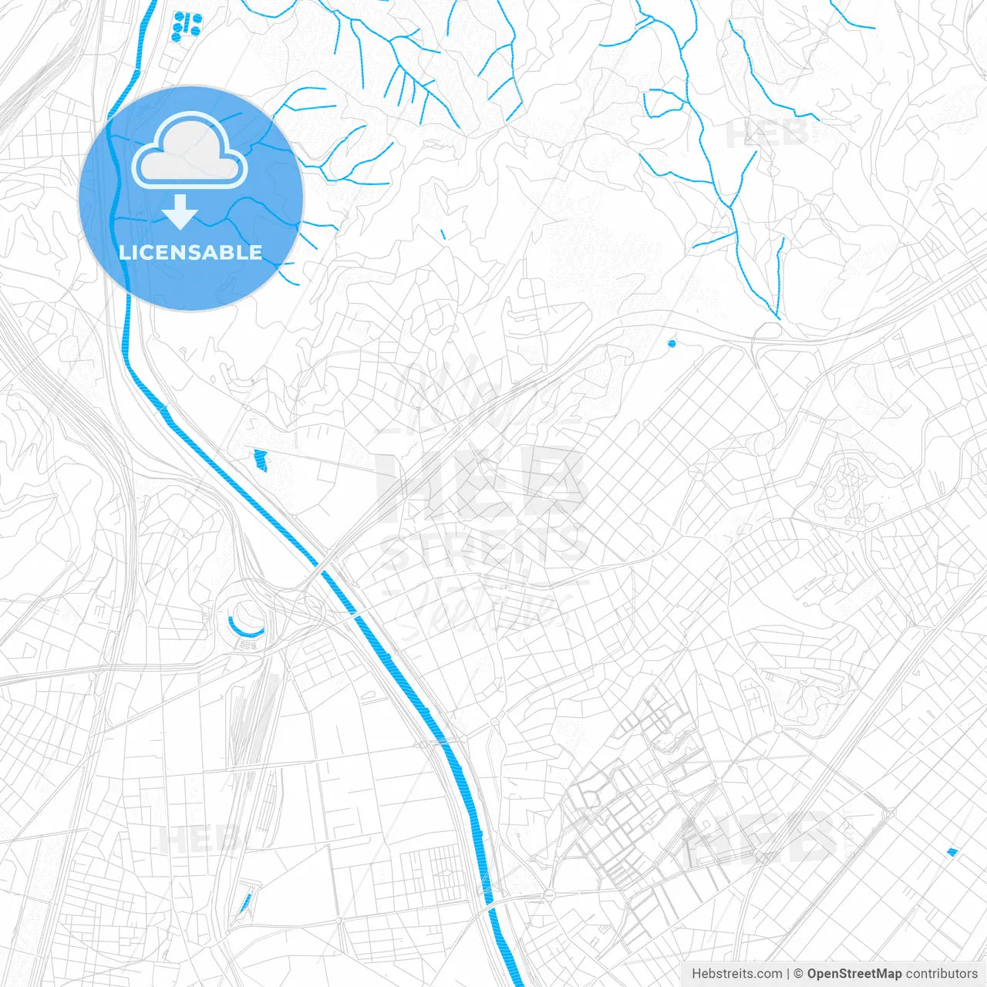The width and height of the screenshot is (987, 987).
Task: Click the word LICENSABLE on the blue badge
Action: coord(190,252)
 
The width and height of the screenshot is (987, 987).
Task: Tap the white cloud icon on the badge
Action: coord(190,150)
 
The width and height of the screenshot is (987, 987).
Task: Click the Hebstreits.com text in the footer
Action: coord(736,974)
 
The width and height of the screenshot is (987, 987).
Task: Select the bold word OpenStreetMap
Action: coord(854,974)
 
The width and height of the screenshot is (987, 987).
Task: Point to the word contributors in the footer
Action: coord(942,974)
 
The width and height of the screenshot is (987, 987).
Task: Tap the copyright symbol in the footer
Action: coord(799,974)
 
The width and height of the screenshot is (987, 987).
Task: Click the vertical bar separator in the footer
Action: coord(788,974)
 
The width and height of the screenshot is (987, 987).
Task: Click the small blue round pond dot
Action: coord(672,343)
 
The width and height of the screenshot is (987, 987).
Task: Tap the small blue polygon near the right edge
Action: coord(952,852)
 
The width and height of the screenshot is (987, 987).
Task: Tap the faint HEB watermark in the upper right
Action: coord(767,133)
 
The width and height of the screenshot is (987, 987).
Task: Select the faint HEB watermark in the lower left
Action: coord(199,839)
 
